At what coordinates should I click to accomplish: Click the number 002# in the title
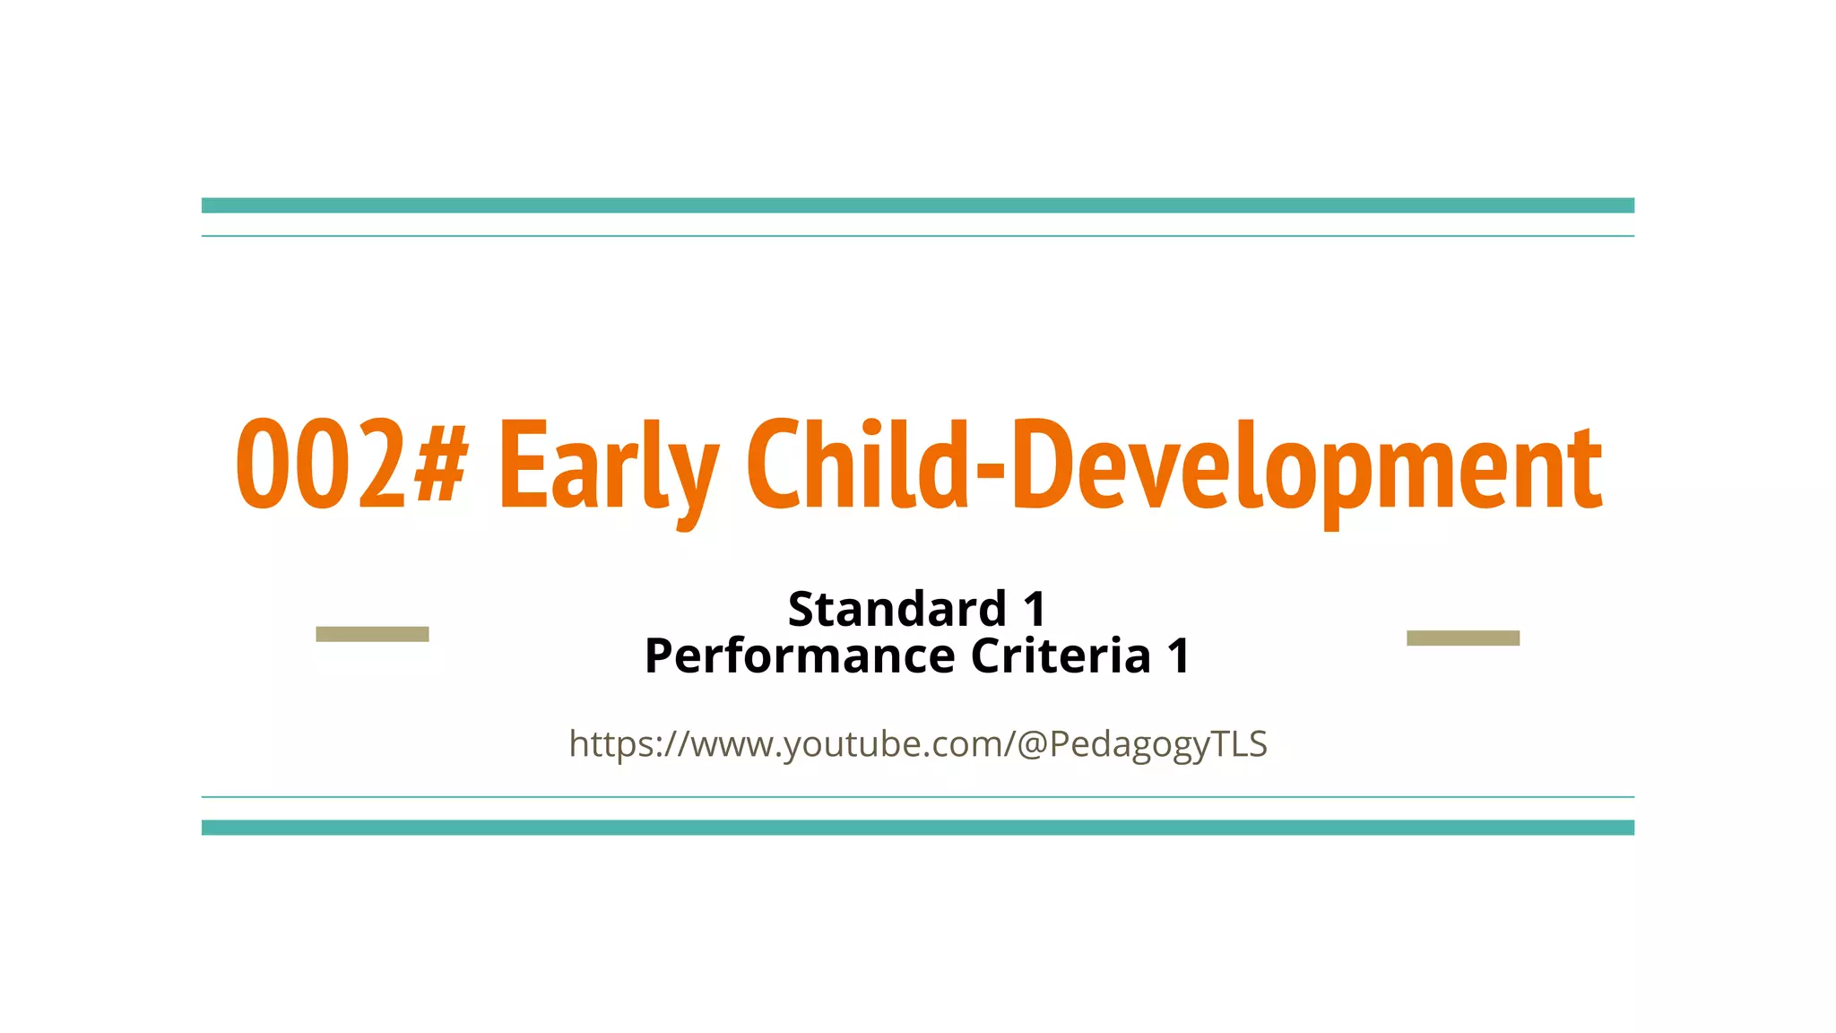[x=351, y=464]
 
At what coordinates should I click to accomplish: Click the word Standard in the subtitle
[x=897, y=610]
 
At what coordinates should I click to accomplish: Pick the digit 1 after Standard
[x=1035, y=610]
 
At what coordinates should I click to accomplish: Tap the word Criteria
[x=1061, y=655]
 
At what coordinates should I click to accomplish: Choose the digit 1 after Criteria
[x=1179, y=655]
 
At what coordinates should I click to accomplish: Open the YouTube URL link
[x=918, y=744]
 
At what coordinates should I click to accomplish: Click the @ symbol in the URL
[x=1032, y=744]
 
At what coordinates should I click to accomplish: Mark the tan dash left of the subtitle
[x=372, y=634]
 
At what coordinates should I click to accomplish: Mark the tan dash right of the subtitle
[x=1463, y=638]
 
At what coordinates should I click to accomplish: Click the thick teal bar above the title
[x=918, y=205]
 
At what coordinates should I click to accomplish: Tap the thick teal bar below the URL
[x=918, y=828]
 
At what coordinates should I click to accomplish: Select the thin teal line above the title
[x=918, y=236]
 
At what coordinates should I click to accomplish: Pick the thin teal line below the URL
[x=918, y=796]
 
